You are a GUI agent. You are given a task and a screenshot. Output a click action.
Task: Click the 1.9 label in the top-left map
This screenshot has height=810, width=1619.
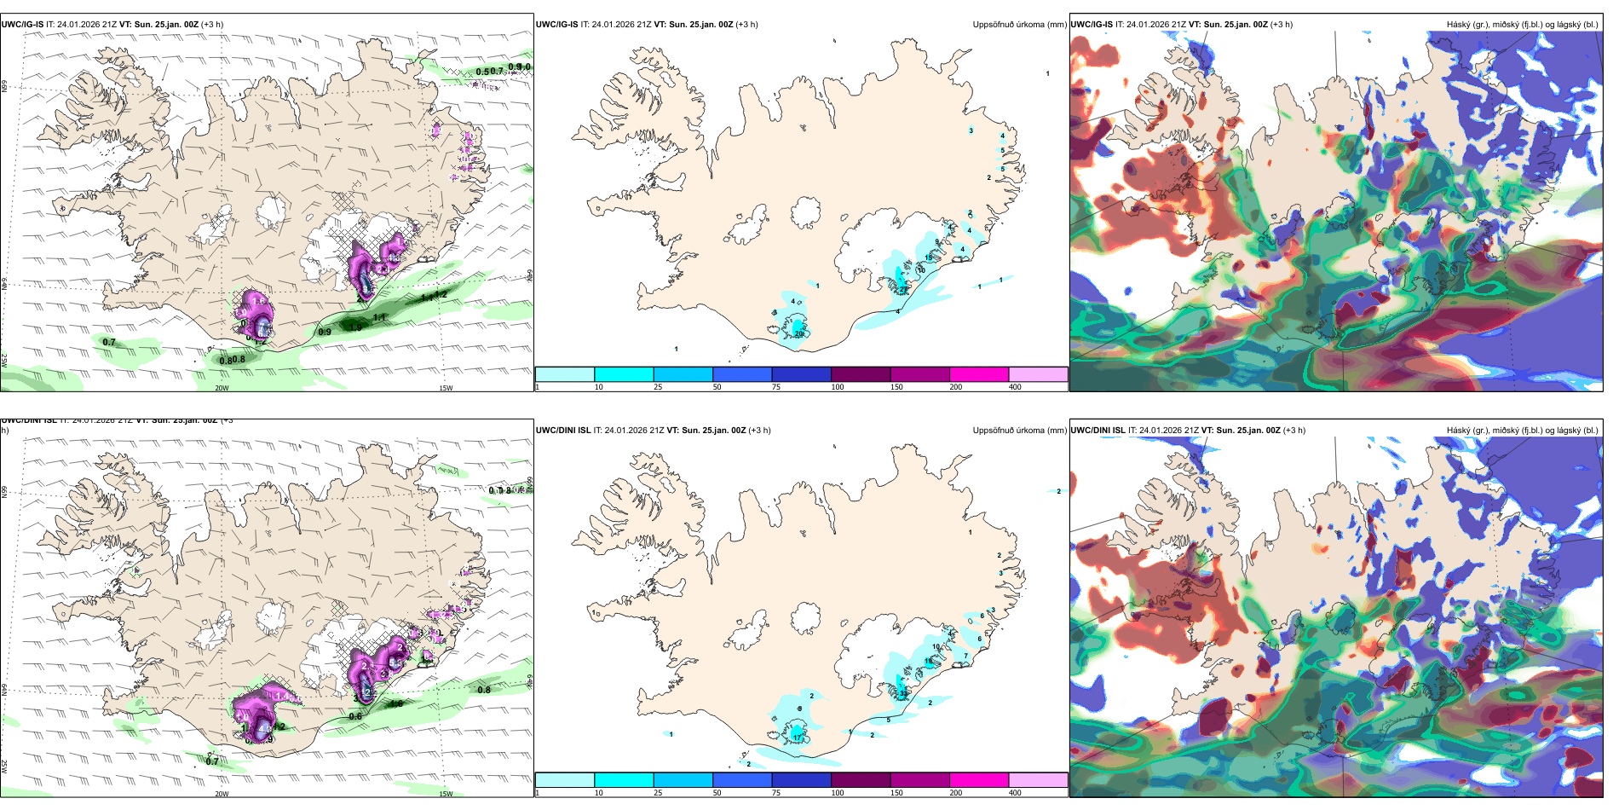point(356,327)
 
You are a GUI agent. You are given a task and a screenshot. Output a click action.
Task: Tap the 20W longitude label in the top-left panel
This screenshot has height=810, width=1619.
point(222,388)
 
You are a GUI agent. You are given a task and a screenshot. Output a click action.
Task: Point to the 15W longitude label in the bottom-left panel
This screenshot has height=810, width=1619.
point(446,794)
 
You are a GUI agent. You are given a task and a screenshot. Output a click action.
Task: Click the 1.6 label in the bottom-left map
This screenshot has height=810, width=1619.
point(396,704)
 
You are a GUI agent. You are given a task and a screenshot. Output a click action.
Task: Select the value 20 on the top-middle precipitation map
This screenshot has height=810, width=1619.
point(799,334)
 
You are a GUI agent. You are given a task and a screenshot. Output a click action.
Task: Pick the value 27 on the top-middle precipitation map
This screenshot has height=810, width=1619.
point(904,289)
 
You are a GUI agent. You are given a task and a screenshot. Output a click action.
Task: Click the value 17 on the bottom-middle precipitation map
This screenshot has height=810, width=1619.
point(797,736)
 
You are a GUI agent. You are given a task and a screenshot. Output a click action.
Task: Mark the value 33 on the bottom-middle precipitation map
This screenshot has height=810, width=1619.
point(903,695)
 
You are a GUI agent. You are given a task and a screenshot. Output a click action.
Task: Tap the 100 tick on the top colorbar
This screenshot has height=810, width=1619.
point(838,387)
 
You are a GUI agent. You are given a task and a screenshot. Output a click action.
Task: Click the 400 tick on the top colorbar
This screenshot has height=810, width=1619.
point(1015,387)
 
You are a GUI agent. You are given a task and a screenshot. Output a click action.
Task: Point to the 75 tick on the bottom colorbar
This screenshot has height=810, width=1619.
point(776,793)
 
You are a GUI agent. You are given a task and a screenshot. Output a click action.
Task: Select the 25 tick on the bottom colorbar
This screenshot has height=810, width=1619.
point(658,793)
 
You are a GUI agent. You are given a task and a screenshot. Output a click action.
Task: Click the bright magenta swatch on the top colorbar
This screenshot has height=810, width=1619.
point(979,374)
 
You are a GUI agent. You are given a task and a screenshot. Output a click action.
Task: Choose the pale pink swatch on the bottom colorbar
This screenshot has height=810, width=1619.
point(1038,780)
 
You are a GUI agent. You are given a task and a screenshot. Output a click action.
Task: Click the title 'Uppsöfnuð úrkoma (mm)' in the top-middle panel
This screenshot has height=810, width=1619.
point(1019,25)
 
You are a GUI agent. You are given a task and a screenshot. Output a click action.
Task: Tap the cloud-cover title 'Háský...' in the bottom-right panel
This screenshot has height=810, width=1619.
point(1522,431)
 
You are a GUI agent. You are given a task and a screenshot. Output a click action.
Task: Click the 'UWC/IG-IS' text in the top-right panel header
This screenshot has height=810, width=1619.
point(1092,25)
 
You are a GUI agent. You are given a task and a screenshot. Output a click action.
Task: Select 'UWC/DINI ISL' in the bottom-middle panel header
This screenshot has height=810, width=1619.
point(563,431)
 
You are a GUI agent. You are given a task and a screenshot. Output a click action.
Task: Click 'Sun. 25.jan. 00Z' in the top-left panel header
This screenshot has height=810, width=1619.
point(166,25)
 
